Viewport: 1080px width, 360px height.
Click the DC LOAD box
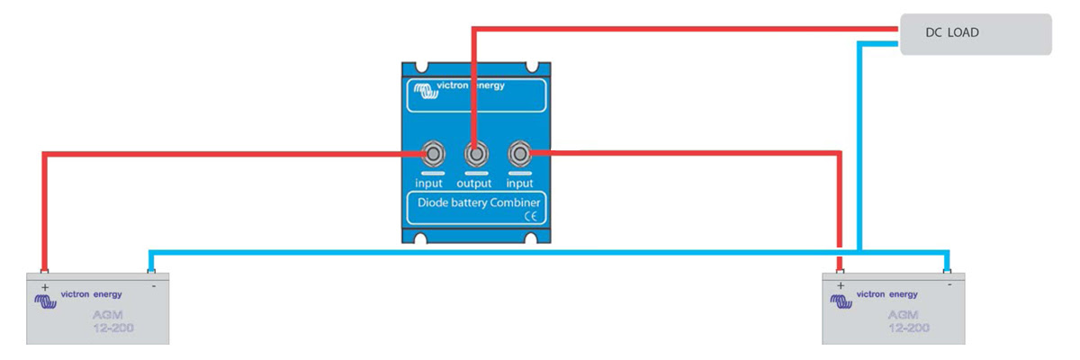point(976,33)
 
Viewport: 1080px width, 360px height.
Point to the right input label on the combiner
point(517,183)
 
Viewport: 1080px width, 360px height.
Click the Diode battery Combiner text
point(472,202)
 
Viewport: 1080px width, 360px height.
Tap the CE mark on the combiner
point(530,216)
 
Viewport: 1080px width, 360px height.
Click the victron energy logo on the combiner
point(459,87)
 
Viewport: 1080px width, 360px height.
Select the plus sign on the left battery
point(42,284)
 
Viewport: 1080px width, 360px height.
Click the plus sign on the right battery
point(840,284)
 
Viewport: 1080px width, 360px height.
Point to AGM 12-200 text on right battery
point(908,321)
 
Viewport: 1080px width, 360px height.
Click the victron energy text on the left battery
point(91,294)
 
